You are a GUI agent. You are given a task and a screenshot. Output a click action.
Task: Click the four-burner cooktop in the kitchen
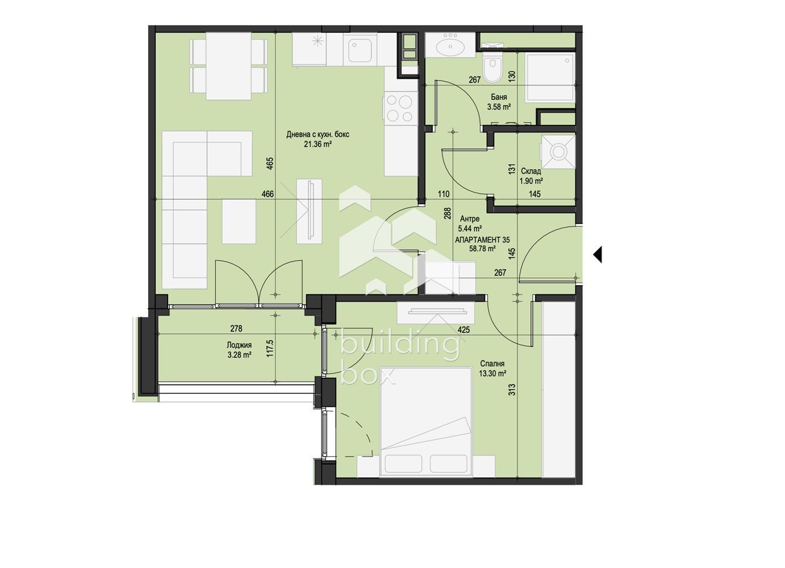point(401,108)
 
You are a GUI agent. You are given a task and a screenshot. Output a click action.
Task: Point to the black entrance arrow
point(598,254)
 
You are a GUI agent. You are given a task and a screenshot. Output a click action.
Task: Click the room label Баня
point(499,97)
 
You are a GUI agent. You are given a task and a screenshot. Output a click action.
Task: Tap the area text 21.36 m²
point(318,144)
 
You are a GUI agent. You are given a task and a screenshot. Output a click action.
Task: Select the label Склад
point(531,172)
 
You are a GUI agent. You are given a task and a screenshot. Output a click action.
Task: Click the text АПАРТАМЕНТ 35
point(482,240)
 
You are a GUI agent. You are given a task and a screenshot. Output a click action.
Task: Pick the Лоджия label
point(239,345)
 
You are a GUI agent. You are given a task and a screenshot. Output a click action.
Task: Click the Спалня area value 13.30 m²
point(492,374)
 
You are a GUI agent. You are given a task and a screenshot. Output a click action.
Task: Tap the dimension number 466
point(268,194)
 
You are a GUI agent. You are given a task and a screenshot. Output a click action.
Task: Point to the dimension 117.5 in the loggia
point(269,348)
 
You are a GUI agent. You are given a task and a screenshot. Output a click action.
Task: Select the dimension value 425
point(464,330)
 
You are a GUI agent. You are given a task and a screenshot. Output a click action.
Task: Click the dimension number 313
point(512,390)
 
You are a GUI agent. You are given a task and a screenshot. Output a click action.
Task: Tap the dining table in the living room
point(228,66)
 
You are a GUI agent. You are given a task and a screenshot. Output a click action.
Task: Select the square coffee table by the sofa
point(239,222)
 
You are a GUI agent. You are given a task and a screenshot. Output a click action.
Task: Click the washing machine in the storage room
point(558,152)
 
